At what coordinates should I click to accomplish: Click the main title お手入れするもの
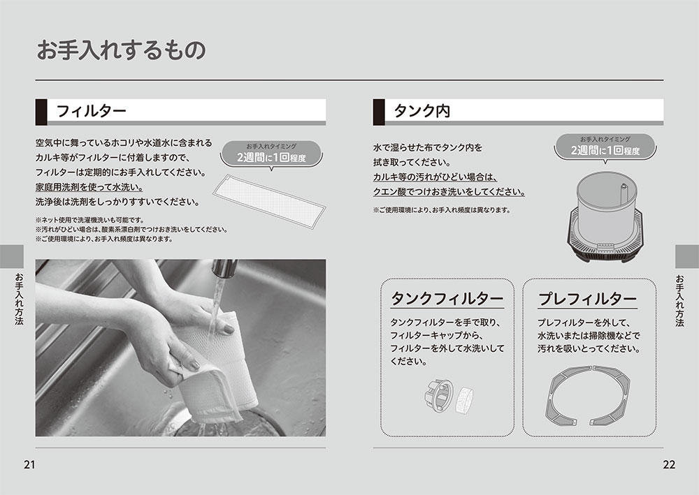coord(121,50)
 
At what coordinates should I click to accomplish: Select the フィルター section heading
coord(92,111)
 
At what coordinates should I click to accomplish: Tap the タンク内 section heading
coord(421,111)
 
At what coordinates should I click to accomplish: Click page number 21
coord(29,465)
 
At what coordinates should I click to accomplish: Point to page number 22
coord(669,465)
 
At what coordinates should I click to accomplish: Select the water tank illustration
coord(605,217)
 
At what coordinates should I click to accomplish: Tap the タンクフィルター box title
coord(447,298)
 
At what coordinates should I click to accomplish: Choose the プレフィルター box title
coord(588,299)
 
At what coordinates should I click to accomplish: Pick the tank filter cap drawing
coord(439,394)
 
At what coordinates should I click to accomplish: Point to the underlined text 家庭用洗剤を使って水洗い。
coord(89,187)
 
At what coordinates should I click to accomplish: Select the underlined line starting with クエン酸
coord(449,192)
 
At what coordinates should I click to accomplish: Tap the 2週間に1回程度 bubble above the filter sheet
coord(271,154)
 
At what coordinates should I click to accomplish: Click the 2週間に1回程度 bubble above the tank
coord(605,147)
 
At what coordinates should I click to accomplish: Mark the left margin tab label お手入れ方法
coord(19,299)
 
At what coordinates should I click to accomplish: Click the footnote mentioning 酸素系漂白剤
coord(131,230)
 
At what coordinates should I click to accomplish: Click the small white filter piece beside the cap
coord(464,401)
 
